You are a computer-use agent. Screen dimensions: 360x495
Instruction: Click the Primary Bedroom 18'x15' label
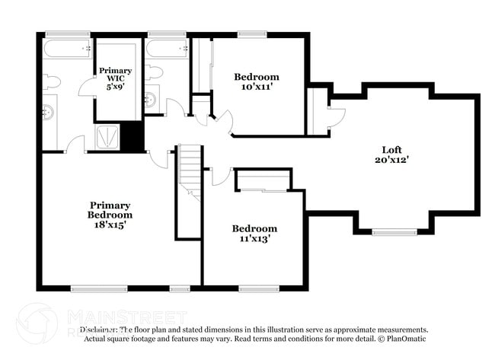(x=110, y=215)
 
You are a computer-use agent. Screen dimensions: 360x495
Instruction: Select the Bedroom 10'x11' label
(x=256, y=81)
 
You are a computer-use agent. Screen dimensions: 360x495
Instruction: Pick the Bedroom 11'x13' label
(x=254, y=234)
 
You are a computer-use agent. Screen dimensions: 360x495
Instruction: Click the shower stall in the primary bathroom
(x=107, y=138)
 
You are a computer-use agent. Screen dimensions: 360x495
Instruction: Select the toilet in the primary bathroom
(x=52, y=81)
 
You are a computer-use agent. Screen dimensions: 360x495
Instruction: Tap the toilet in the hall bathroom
(x=155, y=74)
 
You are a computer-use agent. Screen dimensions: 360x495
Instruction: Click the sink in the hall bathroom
(x=151, y=99)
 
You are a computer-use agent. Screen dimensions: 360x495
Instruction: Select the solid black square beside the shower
(x=134, y=138)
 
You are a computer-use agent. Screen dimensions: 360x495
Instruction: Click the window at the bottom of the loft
(x=394, y=231)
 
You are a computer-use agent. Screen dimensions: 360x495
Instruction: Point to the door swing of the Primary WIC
(x=87, y=86)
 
